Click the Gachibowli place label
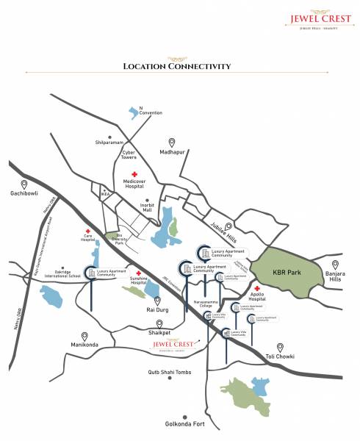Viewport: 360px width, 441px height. pos(24,194)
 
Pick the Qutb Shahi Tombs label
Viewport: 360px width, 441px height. pos(170,373)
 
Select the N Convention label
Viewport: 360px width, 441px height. pos(151,110)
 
